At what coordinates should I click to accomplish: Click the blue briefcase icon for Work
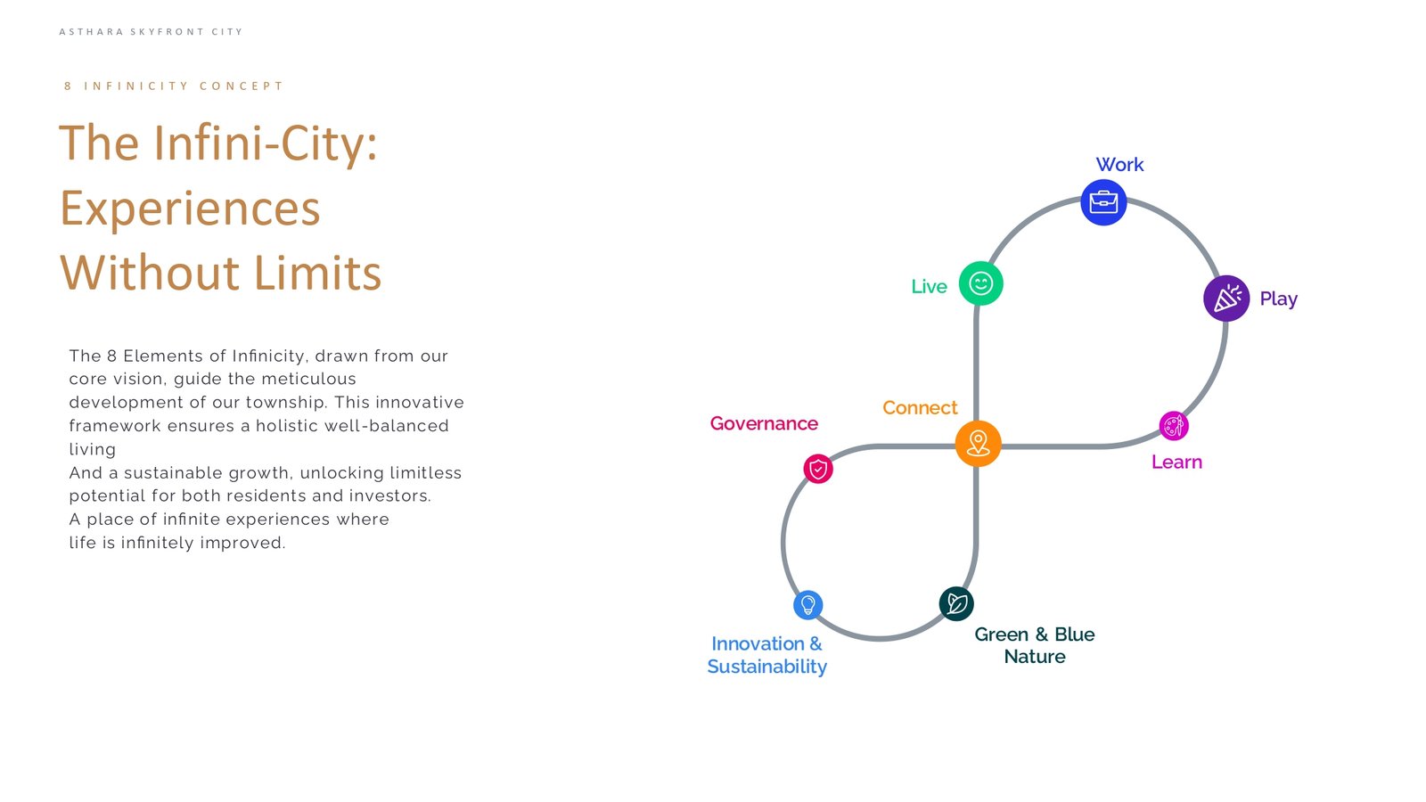point(1103,202)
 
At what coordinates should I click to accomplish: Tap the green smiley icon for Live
point(980,283)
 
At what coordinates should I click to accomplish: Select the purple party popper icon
point(1226,298)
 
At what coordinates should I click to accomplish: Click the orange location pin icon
point(978,444)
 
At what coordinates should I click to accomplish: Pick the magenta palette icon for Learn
point(1173,426)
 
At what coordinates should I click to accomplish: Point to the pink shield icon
point(818,469)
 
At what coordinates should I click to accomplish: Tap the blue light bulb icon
point(807,605)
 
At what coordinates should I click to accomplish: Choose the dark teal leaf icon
point(956,603)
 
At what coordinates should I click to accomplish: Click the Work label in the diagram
point(1119,165)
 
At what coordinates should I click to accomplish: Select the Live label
point(929,286)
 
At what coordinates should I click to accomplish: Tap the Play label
point(1278,299)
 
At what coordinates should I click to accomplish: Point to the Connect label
point(919,407)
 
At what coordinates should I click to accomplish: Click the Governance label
point(764,423)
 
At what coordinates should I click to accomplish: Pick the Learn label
point(1176,462)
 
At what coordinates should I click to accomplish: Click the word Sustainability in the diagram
point(767,667)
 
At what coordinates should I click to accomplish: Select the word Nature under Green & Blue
point(1035,657)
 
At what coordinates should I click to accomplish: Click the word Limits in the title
point(317,273)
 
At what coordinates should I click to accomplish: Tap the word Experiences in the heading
point(190,209)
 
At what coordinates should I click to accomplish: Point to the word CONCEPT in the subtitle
point(242,86)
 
